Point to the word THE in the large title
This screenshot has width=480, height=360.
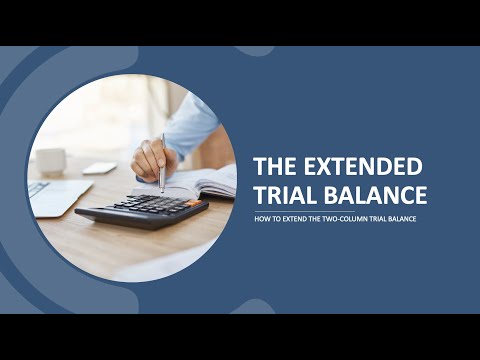click(x=279, y=166)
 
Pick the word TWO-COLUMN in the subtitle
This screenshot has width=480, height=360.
click(x=348, y=220)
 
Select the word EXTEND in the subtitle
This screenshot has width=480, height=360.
click(x=296, y=220)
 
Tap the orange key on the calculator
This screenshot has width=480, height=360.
click(x=191, y=204)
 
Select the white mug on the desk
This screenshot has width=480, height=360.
click(x=50, y=160)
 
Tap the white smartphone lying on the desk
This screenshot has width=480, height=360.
click(x=100, y=168)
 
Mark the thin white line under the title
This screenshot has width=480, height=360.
click(x=340, y=210)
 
